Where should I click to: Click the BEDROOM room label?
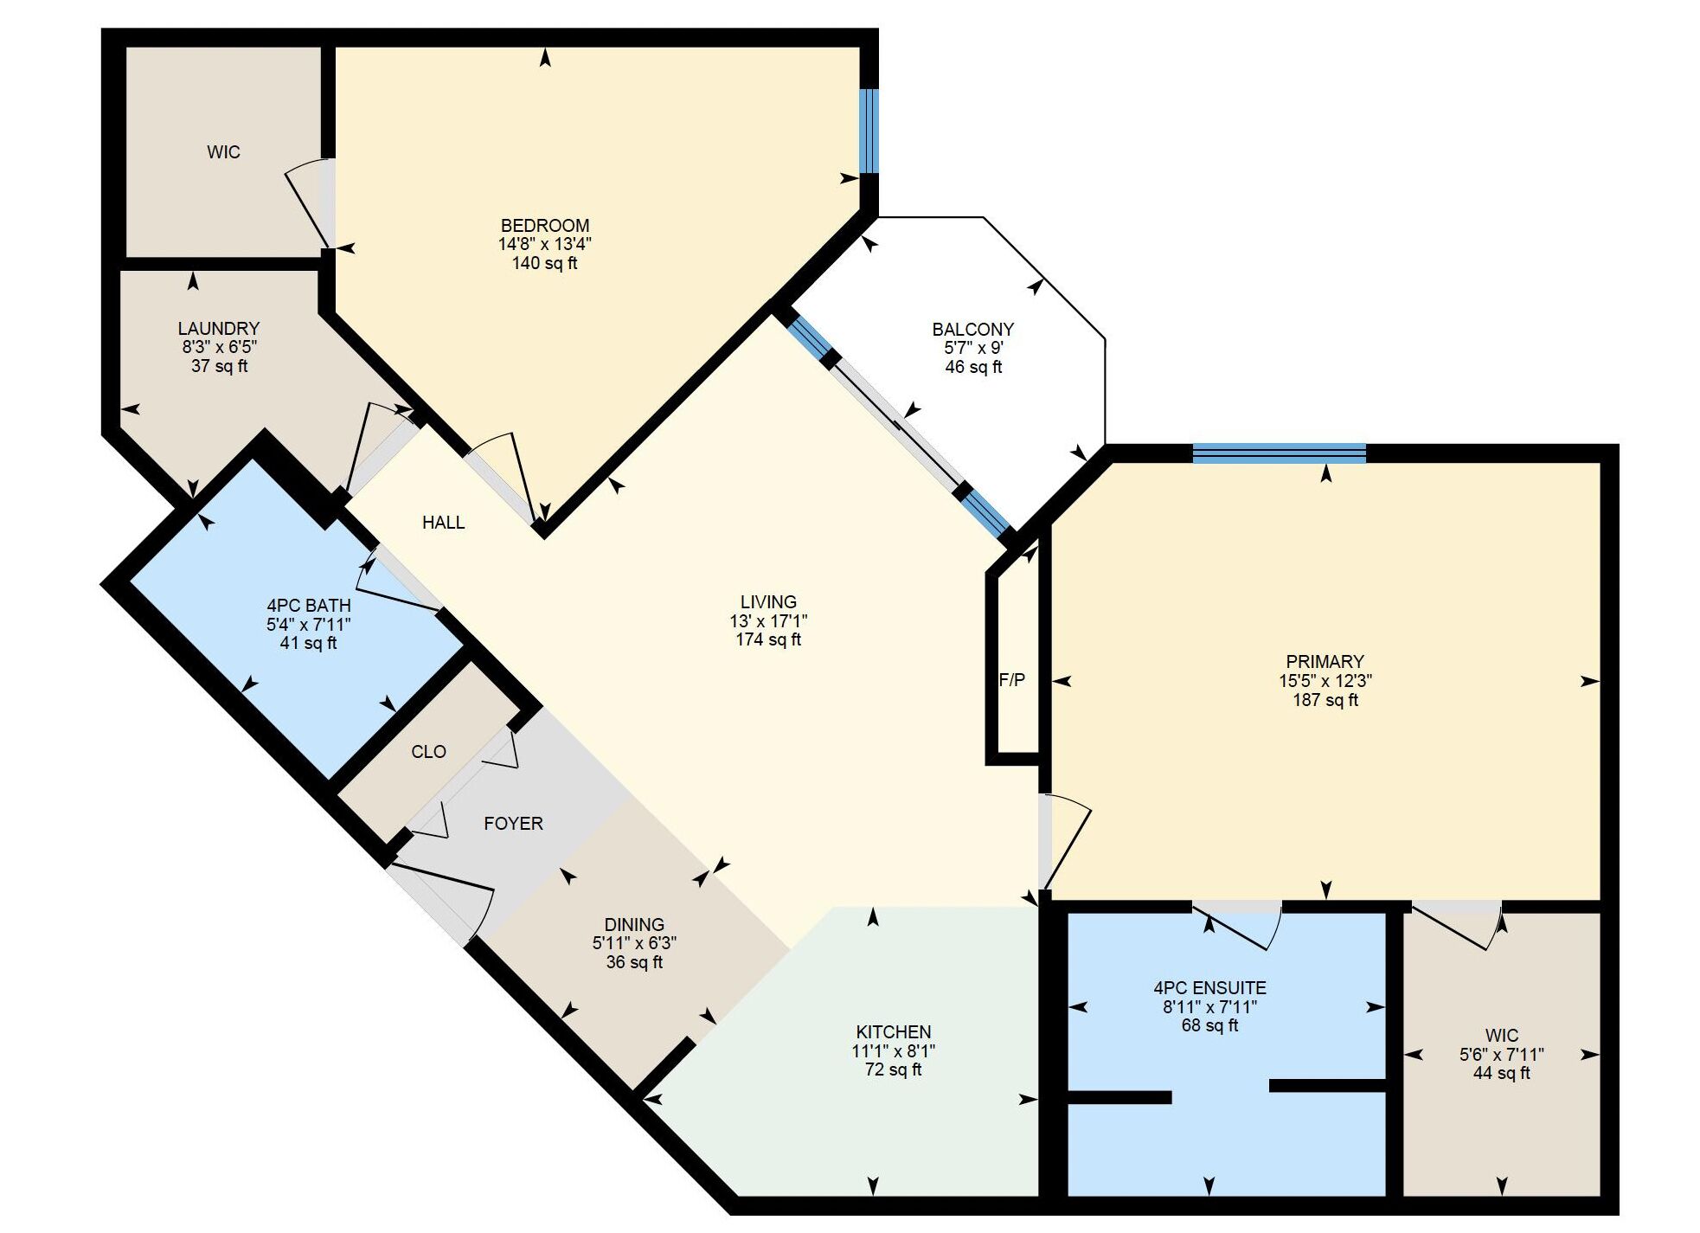pos(545,226)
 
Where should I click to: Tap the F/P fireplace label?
pos(1012,680)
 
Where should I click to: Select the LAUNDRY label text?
pos(219,329)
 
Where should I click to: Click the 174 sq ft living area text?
pos(768,640)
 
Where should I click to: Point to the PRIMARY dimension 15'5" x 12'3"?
pos(1325,681)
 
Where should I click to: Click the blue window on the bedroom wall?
pos(869,132)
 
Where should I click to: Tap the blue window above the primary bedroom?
pos(1279,453)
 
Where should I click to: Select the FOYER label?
pos(513,824)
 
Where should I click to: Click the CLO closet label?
pos(428,752)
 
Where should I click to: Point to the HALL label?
pos(443,523)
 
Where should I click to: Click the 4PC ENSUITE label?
pos(1209,988)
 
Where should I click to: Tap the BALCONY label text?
pos(973,330)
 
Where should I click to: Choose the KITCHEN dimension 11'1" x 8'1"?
pos(894,1051)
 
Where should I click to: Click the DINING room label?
pos(634,925)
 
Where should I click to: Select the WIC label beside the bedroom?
pos(223,152)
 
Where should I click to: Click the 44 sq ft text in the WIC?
pos(1502,1074)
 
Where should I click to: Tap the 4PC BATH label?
pos(309,606)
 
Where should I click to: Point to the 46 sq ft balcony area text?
pos(973,367)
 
